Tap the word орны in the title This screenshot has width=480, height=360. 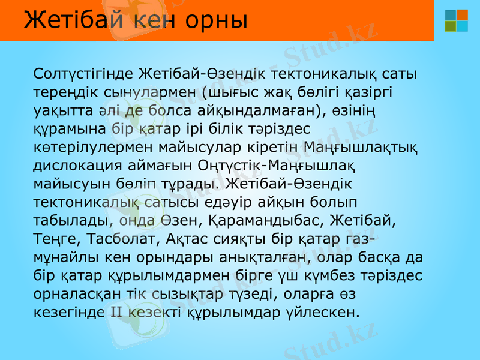coord(217,21)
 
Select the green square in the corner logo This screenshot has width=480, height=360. coord(450,26)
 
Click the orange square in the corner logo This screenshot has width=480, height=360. coord(462,14)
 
